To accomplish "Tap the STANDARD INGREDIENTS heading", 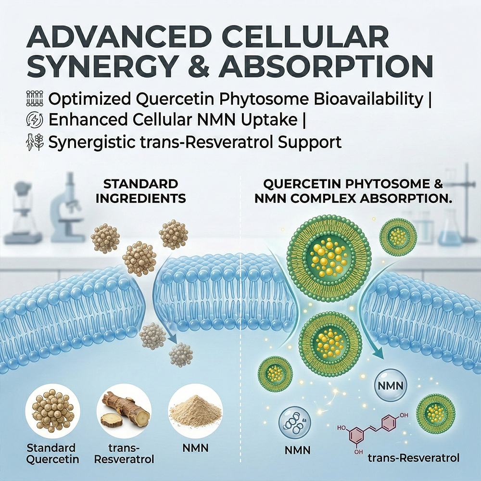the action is point(140,191).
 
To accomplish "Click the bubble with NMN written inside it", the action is point(390,385).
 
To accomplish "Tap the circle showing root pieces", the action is point(124,411).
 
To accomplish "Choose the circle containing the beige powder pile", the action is point(195,411).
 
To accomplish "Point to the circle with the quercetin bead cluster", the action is point(52,411).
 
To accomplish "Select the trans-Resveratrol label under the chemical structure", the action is point(414,458).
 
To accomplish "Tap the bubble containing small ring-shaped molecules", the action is point(294,423).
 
